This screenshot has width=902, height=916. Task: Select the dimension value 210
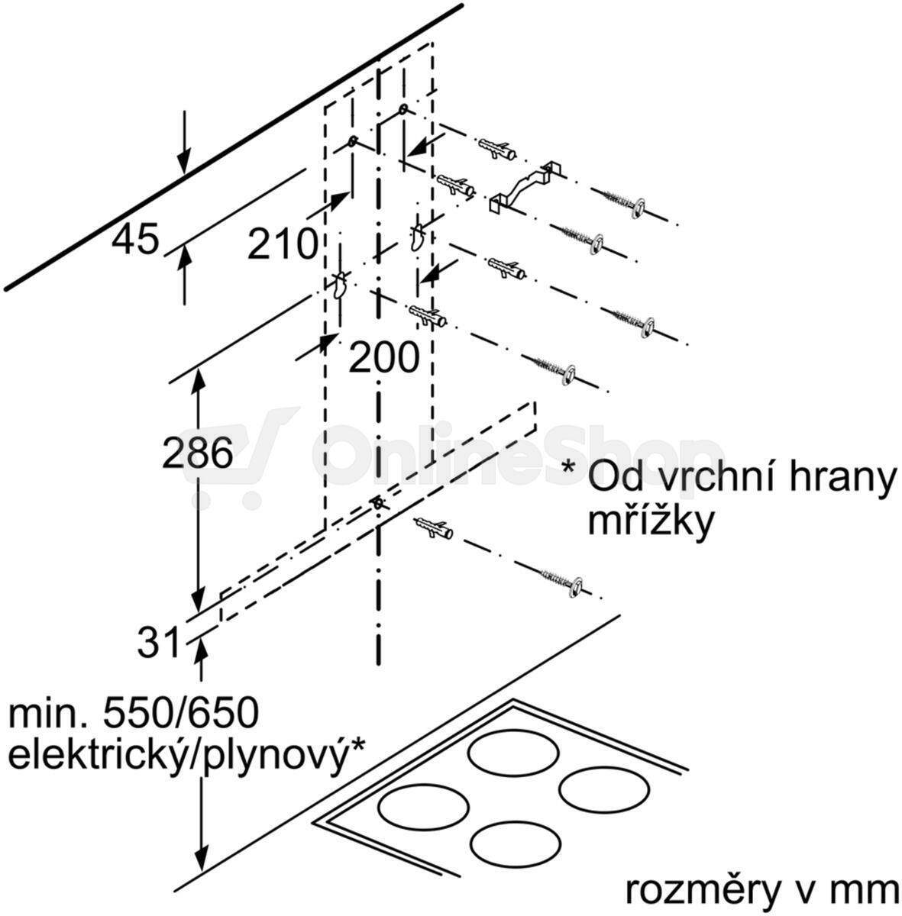[x=283, y=244]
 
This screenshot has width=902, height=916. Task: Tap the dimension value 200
[x=384, y=357]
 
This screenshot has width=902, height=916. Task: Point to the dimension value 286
[x=197, y=452]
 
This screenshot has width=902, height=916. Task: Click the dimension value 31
[x=158, y=640]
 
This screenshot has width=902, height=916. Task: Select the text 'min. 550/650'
[x=134, y=713]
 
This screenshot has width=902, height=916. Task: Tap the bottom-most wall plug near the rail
[x=433, y=528]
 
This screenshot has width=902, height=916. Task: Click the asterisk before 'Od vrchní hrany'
[x=568, y=466]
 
